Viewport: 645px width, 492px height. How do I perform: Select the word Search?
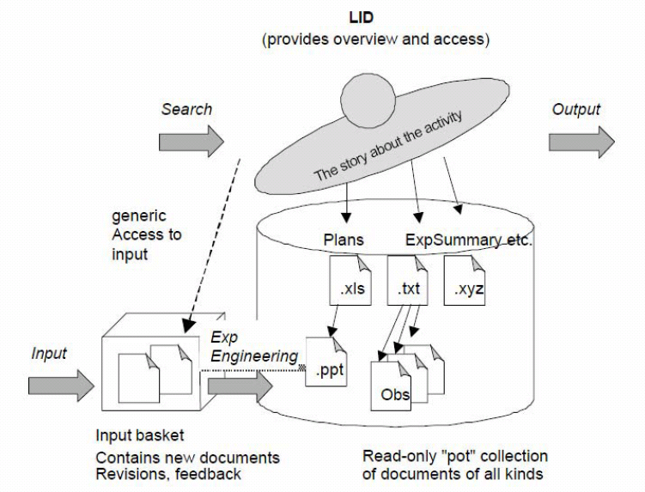coord(186,110)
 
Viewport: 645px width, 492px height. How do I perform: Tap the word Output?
coord(576,110)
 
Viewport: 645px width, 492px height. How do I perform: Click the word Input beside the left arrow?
coord(48,353)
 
